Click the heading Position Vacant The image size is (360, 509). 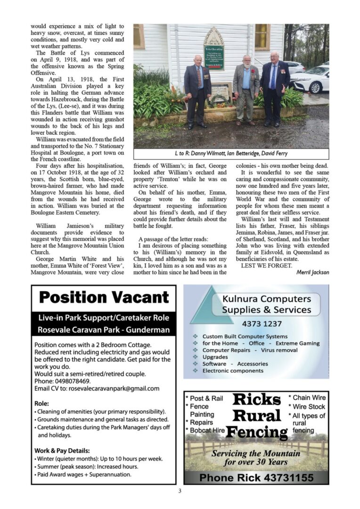(x=104, y=298)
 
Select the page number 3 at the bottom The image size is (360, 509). (x=180, y=491)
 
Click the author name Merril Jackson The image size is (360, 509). (x=312, y=272)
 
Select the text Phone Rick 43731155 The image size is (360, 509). (x=256, y=478)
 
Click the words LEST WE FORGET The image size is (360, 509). (x=260, y=266)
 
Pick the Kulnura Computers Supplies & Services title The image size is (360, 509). (x=267, y=304)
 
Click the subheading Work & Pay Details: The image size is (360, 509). (x=62, y=451)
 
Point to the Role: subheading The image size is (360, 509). (x=41, y=403)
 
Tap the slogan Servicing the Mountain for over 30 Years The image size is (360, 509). (x=256, y=458)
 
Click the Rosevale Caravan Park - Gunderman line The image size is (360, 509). (x=104, y=330)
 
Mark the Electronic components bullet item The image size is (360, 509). (x=233, y=370)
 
